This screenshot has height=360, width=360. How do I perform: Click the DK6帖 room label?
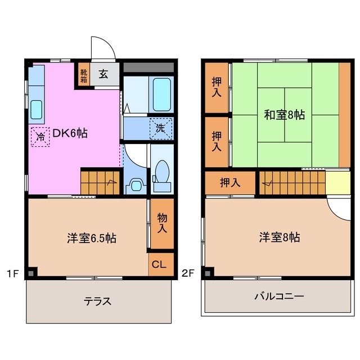pyautogui.click(x=70, y=134)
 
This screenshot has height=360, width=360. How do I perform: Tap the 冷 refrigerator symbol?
pyautogui.click(x=40, y=136)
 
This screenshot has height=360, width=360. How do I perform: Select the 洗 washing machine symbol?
pyautogui.click(x=160, y=128)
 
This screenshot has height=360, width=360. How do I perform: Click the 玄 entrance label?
pyautogui.click(x=104, y=74)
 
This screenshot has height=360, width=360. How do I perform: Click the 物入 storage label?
pyautogui.click(x=162, y=223)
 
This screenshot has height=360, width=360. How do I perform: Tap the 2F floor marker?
pyautogui.click(x=188, y=274)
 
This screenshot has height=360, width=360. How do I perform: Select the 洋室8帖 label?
pyautogui.click(x=280, y=237)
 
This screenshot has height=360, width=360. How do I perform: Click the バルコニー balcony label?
pyautogui.click(x=279, y=296)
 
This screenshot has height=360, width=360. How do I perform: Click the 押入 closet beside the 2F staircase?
pyautogui.click(x=230, y=182)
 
